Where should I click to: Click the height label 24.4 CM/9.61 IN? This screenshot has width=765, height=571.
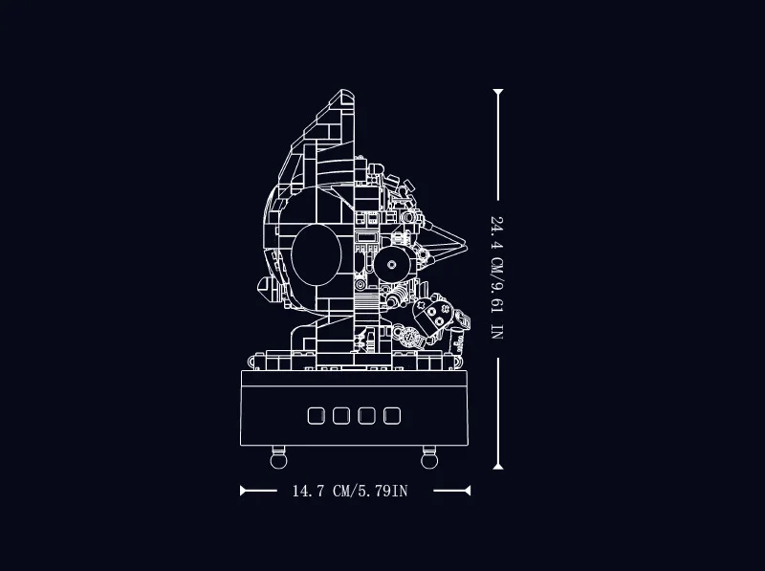496,277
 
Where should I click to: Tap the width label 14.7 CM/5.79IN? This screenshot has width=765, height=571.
350,491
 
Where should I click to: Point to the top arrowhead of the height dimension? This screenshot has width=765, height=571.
497,92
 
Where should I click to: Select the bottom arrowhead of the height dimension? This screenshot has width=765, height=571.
497,466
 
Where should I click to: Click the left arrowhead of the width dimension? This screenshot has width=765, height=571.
243,491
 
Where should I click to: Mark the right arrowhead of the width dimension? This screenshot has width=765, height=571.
468,491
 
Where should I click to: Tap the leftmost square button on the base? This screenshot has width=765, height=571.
317,416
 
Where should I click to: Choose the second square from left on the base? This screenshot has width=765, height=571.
341,416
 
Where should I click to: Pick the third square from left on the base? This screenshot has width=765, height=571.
366,416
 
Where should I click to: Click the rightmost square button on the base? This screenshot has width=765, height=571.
392,416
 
